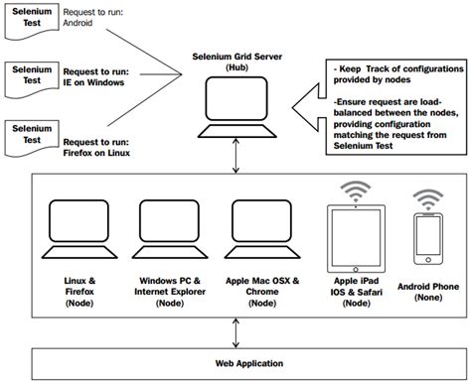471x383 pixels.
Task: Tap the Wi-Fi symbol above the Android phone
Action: (429, 197)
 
